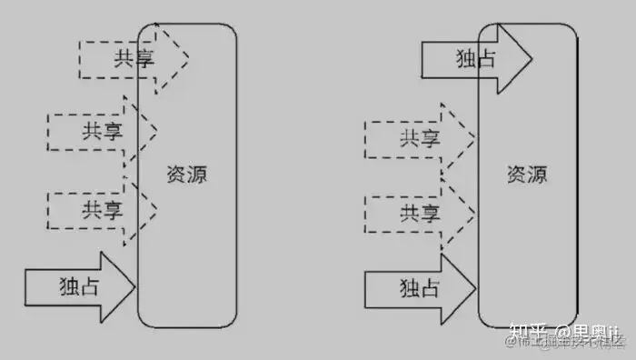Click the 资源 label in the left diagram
pos(187,173)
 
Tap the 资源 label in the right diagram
pos(527,174)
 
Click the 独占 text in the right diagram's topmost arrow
pos(473,59)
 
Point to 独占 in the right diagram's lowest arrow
pos(419,288)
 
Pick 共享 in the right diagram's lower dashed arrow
pos(420,214)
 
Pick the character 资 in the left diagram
pos(177,173)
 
